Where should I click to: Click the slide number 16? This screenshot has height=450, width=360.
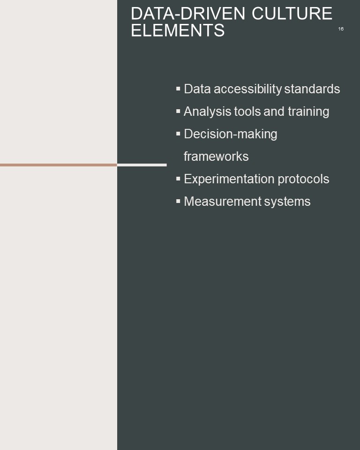pos(341,29)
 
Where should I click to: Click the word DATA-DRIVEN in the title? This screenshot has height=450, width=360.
pos(188,14)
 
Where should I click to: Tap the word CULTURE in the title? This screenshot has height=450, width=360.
pos(292,14)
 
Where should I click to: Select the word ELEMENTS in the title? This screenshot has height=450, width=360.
pos(178,30)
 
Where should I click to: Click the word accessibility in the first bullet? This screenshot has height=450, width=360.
pos(248,89)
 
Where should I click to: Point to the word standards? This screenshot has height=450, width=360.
pos(312,89)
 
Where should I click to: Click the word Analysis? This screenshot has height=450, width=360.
pos(208,112)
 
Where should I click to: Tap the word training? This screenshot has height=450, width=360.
pos(308,112)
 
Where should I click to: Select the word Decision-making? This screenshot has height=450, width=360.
pos(231,134)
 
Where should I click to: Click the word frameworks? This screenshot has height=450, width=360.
pos(216,157)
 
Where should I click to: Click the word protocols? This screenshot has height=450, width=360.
pos(303,179)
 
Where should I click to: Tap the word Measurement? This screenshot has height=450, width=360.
pos(223,202)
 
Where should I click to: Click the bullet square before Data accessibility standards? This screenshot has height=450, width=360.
pos(178,89)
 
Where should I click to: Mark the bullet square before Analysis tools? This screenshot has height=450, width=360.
pos(178,111)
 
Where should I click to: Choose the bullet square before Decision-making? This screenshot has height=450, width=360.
pos(178,134)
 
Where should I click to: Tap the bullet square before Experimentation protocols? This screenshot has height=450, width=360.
pos(178,179)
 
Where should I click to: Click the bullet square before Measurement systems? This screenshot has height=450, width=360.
pos(178,201)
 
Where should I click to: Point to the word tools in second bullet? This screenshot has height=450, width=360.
pos(247,112)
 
